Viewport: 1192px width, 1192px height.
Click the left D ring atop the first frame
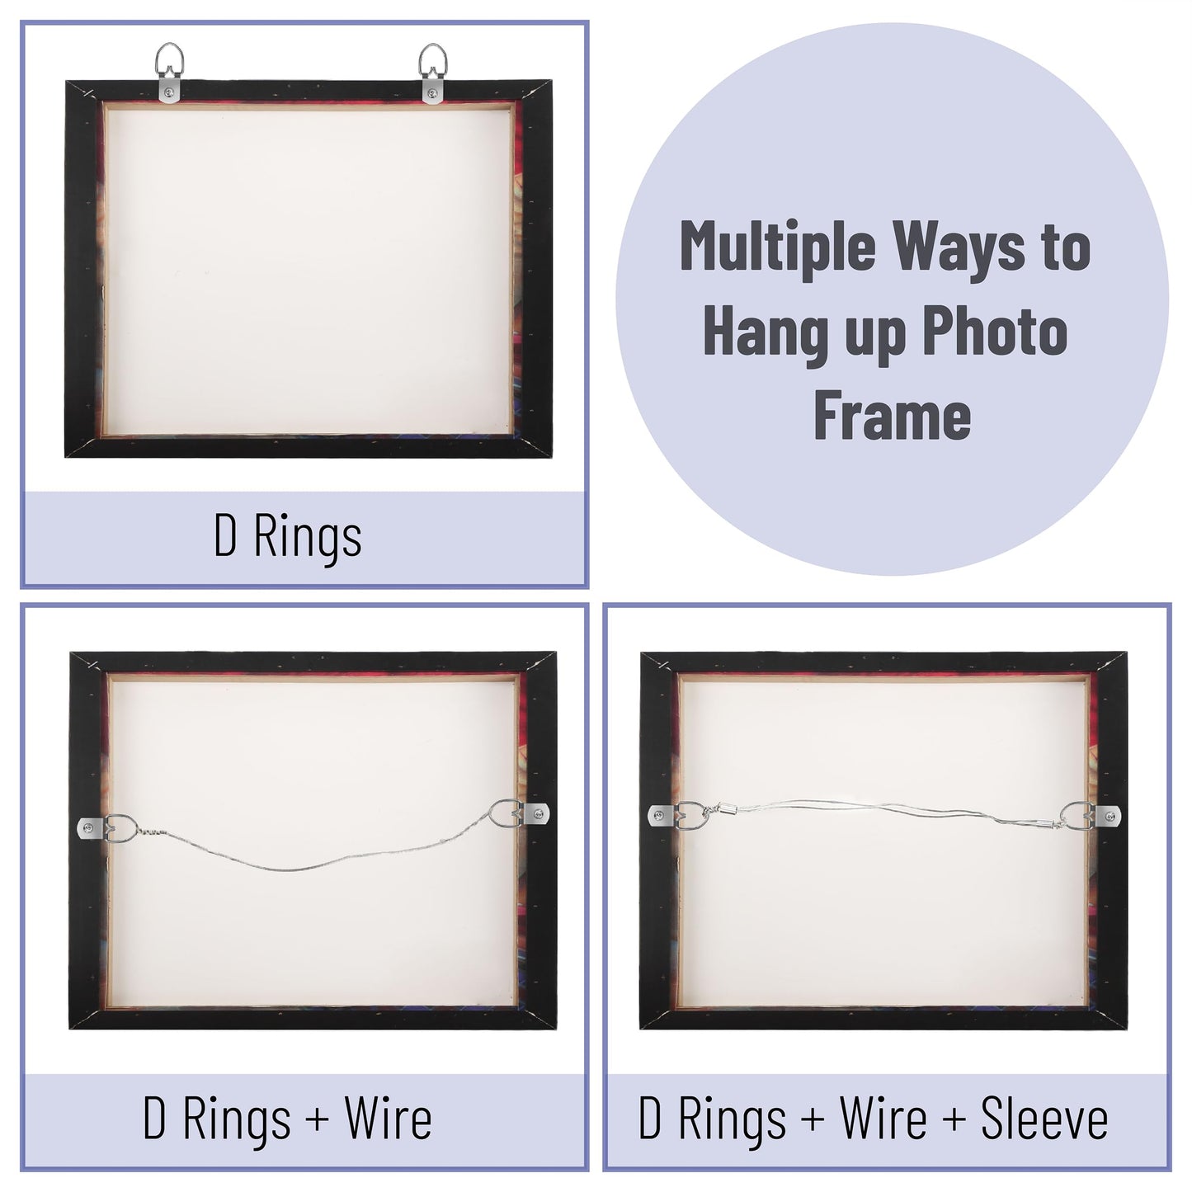coord(169,66)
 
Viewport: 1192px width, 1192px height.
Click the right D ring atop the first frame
coord(432,66)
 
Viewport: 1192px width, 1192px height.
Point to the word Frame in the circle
coord(892,417)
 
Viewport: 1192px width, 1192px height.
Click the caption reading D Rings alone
coord(287,537)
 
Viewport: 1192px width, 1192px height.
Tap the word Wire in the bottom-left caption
coord(388,1119)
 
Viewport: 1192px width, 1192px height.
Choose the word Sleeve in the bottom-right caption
coord(1044,1119)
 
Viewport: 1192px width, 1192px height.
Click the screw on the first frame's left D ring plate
coord(170,90)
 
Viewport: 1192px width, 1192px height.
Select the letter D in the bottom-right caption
coord(650,1119)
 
